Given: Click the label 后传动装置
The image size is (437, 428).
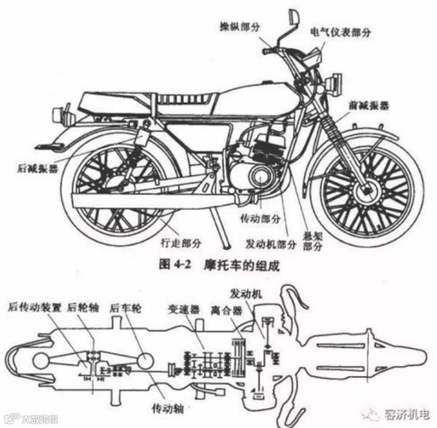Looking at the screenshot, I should pyautogui.click(x=34, y=307).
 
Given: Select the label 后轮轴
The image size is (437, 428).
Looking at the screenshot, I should pyautogui.click(x=81, y=307).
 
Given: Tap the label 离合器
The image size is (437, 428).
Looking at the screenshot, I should pyautogui.click(x=226, y=312).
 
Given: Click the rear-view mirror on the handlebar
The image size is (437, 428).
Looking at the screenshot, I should pyautogui.click(x=294, y=15).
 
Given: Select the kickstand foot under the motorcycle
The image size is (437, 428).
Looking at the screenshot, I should pyautogui.click(x=226, y=245).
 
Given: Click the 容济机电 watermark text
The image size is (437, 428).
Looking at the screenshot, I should pyautogui.click(x=406, y=415).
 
